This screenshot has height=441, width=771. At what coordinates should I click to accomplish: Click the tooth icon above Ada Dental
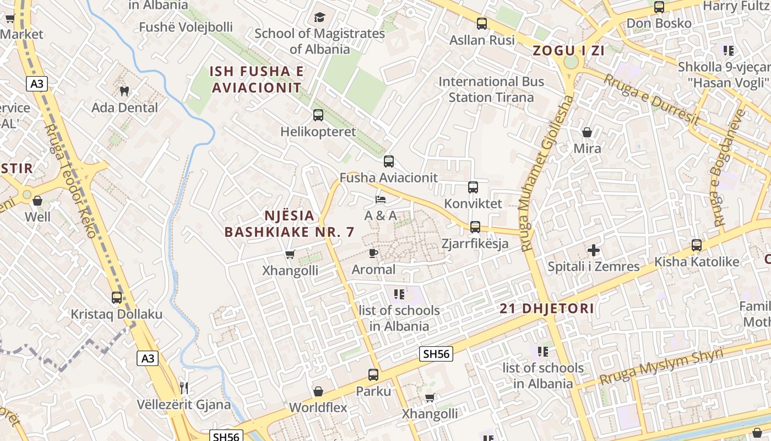point(124,90)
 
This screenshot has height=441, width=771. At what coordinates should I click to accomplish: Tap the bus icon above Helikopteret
point(318,115)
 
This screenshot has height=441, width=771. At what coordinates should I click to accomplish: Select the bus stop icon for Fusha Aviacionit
point(389,162)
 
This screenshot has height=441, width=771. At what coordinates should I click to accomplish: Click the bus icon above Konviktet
point(473,187)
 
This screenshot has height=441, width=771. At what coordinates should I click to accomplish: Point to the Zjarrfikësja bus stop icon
point(475,227)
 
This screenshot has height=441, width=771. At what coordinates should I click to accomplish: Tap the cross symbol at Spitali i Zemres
point(593,250)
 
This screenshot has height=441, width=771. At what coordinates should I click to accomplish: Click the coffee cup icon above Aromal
point(373,253)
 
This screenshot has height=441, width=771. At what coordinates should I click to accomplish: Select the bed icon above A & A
point(380,199)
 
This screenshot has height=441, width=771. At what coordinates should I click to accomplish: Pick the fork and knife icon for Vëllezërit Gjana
point(184,388)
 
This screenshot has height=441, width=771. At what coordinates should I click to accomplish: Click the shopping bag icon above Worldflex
point(318,391)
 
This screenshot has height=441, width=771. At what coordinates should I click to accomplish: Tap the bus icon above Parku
point(373,375)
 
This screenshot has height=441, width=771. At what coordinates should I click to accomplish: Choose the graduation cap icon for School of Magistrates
point(319,17)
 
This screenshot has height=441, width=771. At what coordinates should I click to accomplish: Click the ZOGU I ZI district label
point(569,51)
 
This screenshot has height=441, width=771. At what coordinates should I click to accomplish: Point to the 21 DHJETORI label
point(547,309)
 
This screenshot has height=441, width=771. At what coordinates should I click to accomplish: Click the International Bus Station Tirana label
point(491,89)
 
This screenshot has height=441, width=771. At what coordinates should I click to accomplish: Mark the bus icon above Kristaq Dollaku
point(117,298)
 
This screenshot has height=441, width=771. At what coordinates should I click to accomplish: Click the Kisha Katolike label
point(697,262)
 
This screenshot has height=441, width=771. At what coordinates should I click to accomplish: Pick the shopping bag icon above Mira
point(587,132)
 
